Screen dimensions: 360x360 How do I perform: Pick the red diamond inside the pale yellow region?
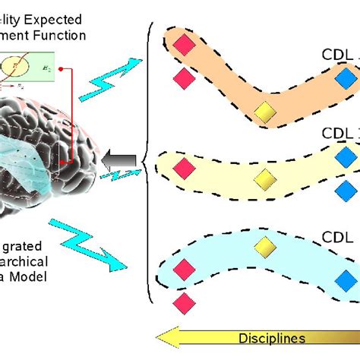click(184, 166)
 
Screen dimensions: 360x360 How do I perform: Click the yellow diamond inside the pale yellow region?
click(264, 179)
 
